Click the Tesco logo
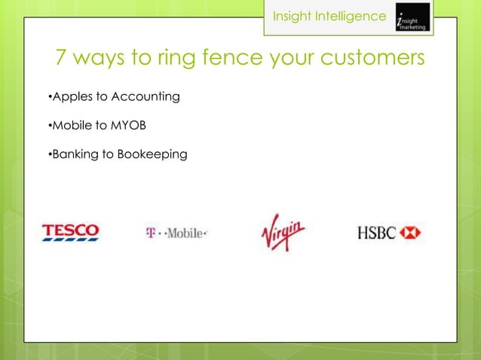point(70,232)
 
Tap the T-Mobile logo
point(176,233)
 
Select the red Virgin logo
point(283,232)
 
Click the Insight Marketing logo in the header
point(412,17)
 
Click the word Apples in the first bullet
point(70,97)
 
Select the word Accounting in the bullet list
point(145,97)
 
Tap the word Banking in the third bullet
point(73,154)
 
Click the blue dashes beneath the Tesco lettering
point(70,240)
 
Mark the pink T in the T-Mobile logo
point(150,233)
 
